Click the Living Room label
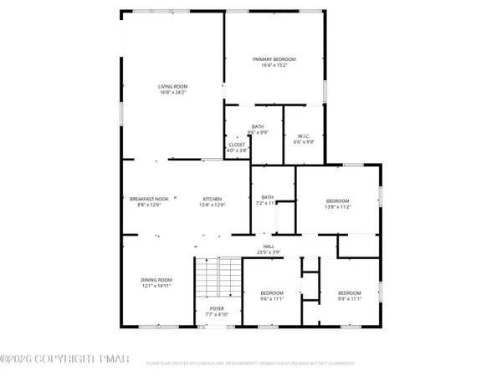pyautogui.click(x=171, y=86)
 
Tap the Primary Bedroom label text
pyautogui.click(x=274, y=59)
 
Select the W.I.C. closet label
pyautogui.click(x=305, y=136)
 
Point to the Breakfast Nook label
pyautogui.click(x=149, y=199)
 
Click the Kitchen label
pyautogui.click(x=211, y=199)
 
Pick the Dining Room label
pyautogui.click(x=156, y=280)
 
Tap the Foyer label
pyautogui.click(x=217, y=309)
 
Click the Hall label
pyautogui.click(x=269, y=246)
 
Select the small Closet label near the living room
pyautogui.click(x=238, y=145)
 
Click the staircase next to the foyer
pyautogui.click(x=218, y=276)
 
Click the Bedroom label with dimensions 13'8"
pyautogui.click(x=338, y=201)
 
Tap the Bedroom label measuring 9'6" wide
pyautogui.click(x=272, y=292)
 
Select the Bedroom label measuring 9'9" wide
pyautogui.click(x=350, y=292)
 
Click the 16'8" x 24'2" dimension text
pyautogui.click(x=171, y=92)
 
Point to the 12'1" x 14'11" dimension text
pyautogui.click(x=156, y=286)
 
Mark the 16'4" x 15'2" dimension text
pyautogui.click(x=274, y=65)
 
